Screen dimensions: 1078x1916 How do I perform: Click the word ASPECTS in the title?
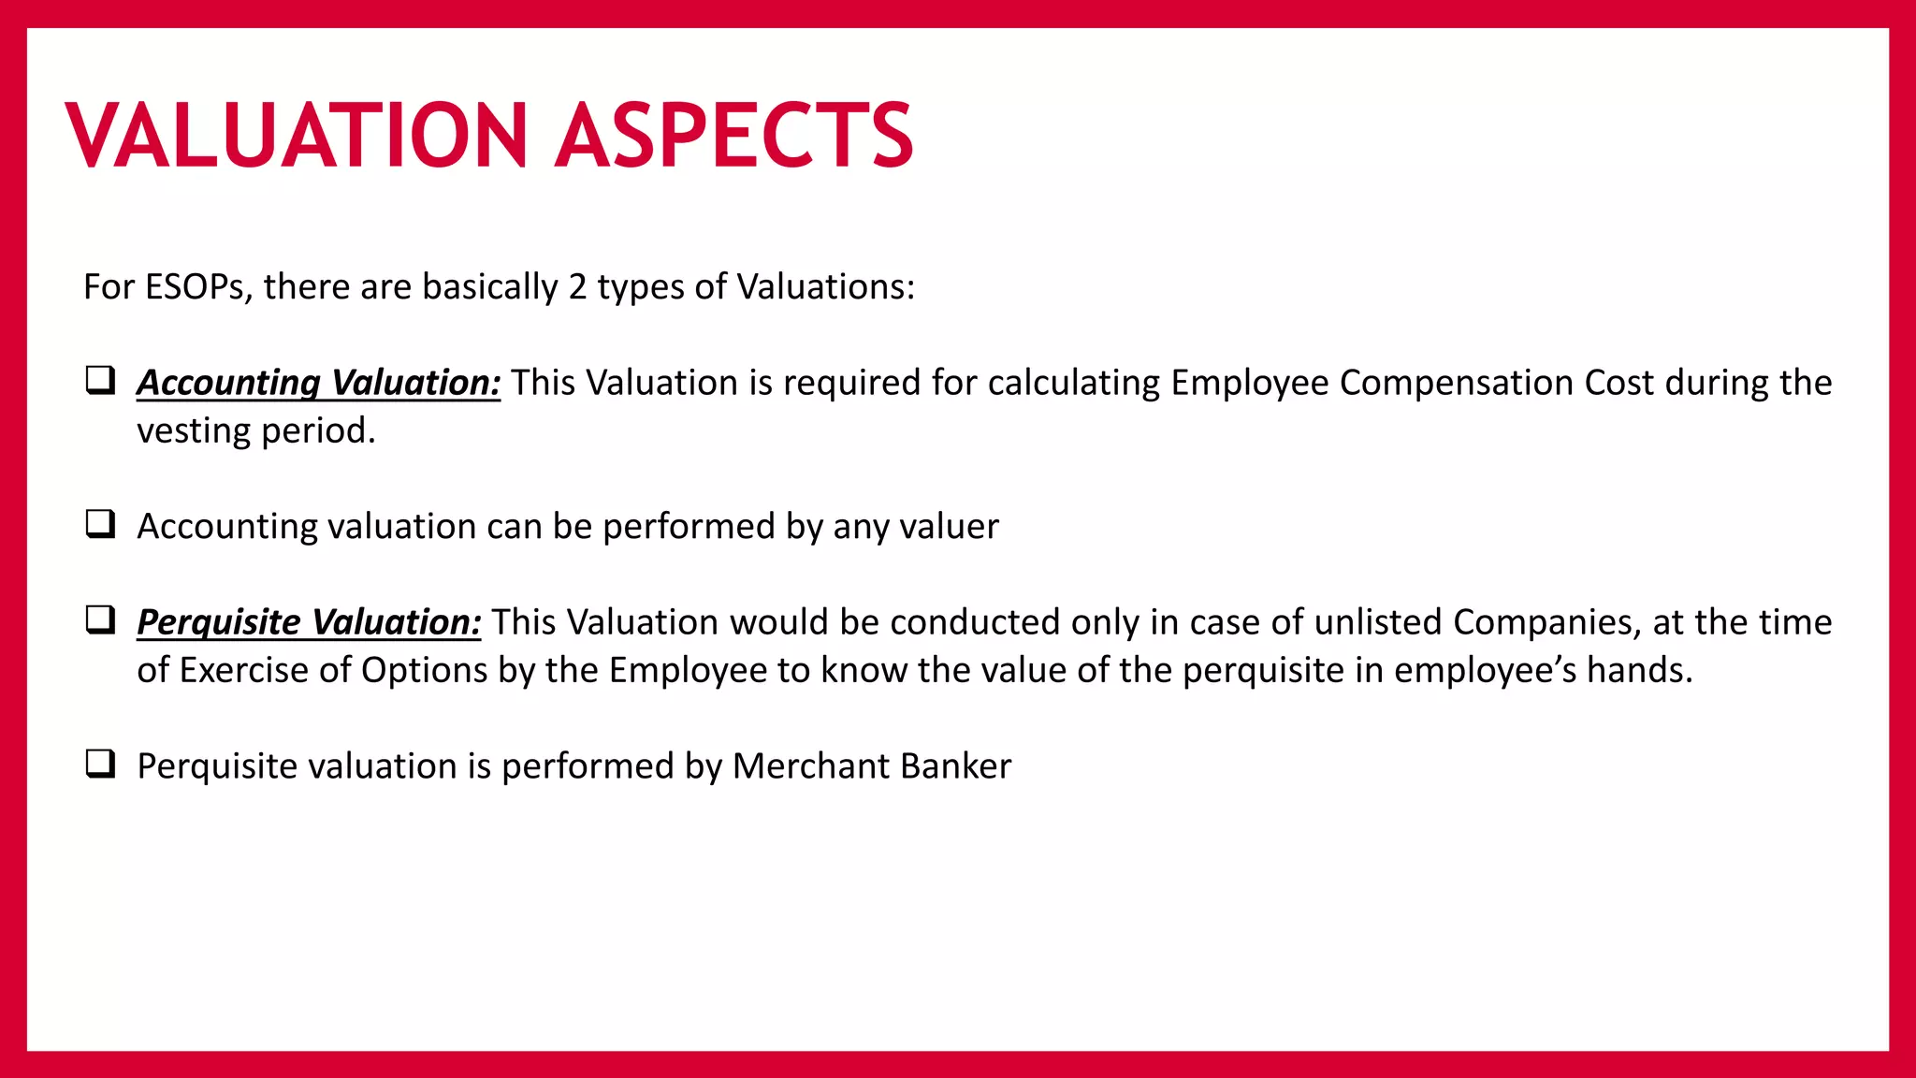[x=733, y=136]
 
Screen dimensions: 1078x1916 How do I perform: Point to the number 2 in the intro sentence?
[x=577, y=286]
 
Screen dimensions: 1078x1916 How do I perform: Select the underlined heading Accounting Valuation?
[x=318, y=383]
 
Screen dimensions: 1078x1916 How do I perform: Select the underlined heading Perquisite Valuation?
[x=309, y=622]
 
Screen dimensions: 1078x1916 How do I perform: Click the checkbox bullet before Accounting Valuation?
[x=100, y=380]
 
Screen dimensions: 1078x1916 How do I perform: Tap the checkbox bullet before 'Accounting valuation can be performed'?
[x=100, y=524]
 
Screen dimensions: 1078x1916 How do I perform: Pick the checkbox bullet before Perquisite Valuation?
[x=100, y=619]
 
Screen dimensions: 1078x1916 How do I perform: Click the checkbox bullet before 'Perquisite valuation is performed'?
[x=100, y=764]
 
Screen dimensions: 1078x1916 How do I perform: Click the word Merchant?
[x=798, y=766]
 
